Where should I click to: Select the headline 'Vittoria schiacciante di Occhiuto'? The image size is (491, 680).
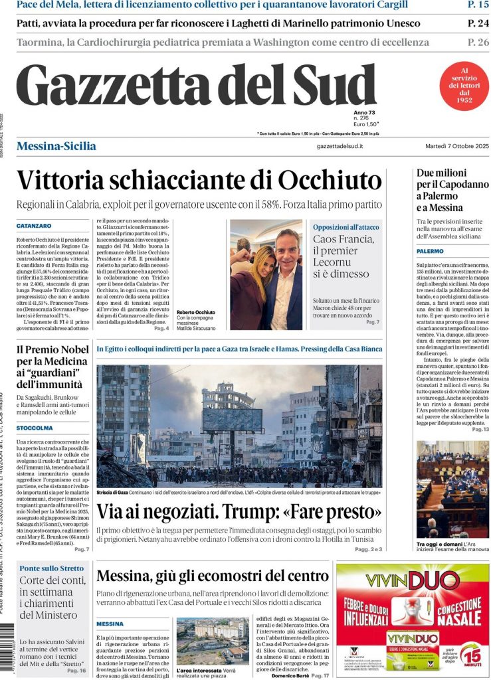pos(199,181)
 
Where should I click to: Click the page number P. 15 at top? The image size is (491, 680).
pos(478,5)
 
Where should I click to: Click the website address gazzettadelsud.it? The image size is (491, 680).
pos(340,146)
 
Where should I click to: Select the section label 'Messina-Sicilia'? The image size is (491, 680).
pos(56,146)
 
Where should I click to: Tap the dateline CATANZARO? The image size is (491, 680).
pos(34,226)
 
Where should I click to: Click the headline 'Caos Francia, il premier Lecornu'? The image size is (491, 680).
pos(344,256)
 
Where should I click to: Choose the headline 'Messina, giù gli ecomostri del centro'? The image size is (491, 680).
pos(213,575)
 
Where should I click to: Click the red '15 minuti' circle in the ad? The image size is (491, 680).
pos(470,655)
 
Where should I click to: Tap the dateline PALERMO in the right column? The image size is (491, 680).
pos(430,252)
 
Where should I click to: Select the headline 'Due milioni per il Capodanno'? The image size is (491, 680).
pos(452,191)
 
